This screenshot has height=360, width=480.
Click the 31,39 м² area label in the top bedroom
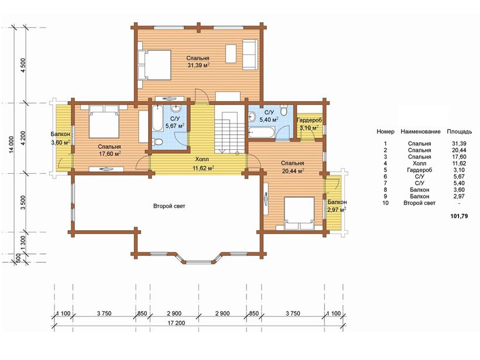[x=198, y=65]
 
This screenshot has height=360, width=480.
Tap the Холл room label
[x=202, y=159]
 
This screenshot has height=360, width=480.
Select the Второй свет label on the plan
[x=169, y=206]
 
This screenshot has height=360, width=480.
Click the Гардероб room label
[x=310, y=121]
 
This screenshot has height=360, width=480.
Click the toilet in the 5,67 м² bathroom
[x=157, y=142]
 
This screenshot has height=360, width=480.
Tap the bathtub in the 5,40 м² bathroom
[x=262, y=133]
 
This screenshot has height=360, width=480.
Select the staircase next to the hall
[x=230, y=128]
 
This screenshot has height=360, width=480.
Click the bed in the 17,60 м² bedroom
[x=104, y=122]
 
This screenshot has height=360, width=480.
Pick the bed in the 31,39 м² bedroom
[x=154, y=65]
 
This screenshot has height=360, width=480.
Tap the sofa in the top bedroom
[x=250, y=54]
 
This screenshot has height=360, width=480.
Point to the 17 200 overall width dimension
[x=176, y=323]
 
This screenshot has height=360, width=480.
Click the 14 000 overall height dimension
[x=12, y=145]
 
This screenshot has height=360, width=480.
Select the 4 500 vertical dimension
[x=23, y=65]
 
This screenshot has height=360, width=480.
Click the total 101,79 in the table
[x=459, y=216]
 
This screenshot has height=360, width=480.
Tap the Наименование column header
[x=421, y=132]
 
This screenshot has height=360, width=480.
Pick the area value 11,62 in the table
[x=459, y=163]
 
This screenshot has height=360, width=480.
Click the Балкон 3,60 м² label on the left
[x=61, y=138]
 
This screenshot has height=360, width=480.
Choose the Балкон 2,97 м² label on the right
[x=337, y=206]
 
